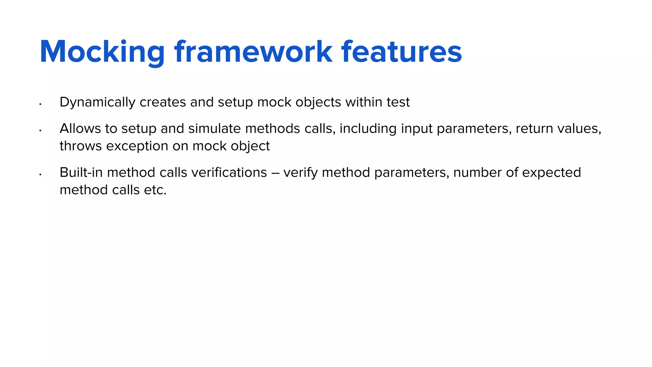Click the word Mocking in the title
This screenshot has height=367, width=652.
click(102, 52)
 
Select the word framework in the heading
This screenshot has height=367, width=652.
click(253, 52)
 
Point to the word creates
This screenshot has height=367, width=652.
click(163, 102)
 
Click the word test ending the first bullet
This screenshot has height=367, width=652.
click(398, 102)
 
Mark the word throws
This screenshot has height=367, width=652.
click(81, 146)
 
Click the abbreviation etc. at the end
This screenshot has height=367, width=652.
click(155, 190)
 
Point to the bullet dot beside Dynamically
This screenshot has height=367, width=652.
click(40, 104)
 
